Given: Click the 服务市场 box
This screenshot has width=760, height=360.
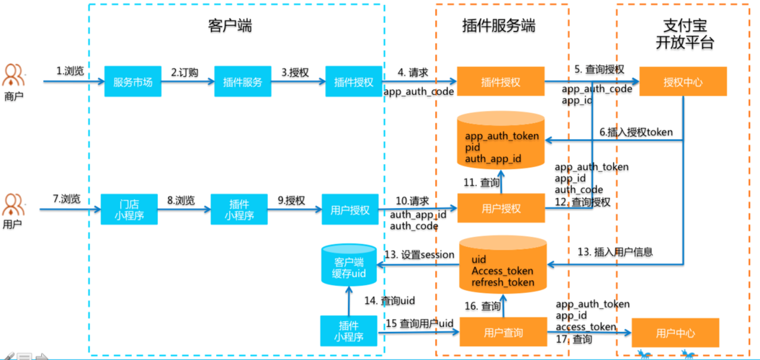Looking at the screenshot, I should click(x=133, y=82).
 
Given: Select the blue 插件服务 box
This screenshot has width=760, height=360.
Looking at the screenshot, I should click(x=242, y=82).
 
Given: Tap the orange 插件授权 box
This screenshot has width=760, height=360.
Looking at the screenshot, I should click(x=501, y=82).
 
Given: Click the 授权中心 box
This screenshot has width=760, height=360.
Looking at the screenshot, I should click(x=683, y=82).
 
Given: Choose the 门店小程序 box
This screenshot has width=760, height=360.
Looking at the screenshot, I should click(x=128, y=210).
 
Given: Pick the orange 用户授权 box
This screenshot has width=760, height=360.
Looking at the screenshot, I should click(x=501, y=210).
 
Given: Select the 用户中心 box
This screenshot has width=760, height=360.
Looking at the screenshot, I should click(x=675, y=333).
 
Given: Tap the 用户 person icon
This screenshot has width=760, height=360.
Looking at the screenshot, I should click(x=14, y=205).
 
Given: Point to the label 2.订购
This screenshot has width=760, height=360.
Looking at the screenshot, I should click(x=184, y=72).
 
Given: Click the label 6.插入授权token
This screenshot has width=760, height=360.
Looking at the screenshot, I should click(x=636, y=132).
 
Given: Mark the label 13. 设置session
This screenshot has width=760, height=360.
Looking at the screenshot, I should click(x=419, y=254).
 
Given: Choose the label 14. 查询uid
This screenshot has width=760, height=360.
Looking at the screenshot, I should click(x=390, y=300).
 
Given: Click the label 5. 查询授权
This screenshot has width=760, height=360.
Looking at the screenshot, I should click(x=599, y=69).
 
